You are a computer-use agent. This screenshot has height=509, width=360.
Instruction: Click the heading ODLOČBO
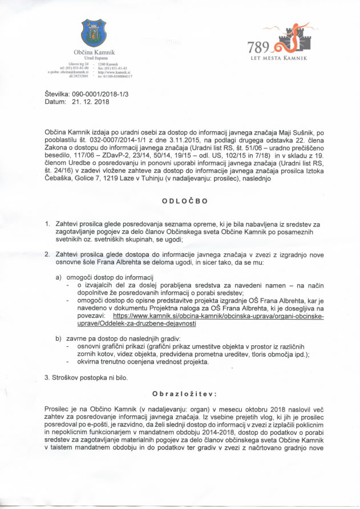(x=180, y=201)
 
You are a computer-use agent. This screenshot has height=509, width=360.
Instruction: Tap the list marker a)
(x=58, y=276)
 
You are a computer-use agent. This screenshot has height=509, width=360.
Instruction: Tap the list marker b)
(x=58, y=338)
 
